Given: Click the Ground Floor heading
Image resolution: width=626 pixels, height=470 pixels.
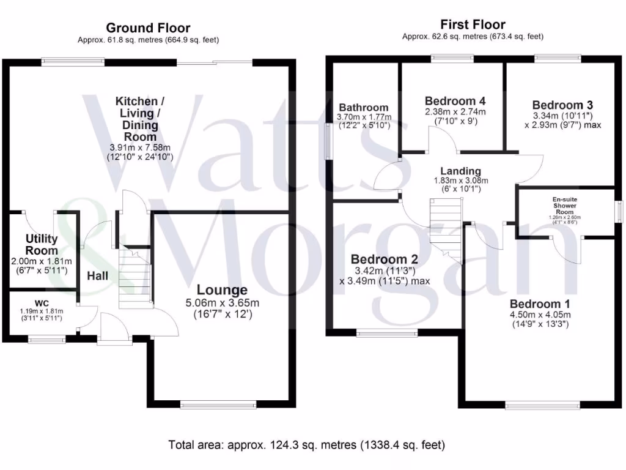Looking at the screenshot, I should (148, 28).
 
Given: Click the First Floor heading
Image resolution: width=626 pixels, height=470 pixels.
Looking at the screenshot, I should (473, 24).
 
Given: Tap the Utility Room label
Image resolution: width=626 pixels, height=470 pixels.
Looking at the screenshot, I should (42, 244).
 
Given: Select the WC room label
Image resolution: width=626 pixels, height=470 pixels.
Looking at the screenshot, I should (42, 302).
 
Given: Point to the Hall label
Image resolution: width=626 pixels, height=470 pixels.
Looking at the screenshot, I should (97, 276).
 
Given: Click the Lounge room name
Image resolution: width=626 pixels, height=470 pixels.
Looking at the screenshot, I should (222, 290).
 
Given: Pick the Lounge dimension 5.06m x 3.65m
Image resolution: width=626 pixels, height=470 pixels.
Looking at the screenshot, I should (222, 303).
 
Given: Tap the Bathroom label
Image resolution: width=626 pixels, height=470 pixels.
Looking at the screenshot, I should (364, 107).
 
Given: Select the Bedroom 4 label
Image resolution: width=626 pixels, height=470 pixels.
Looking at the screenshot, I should (455, 100).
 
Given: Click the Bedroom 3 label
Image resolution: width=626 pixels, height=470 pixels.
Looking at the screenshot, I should (562, 105).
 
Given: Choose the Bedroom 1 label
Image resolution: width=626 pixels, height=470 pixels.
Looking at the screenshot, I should (540, 304).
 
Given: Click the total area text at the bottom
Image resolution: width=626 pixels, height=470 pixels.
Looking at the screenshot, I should (307, 444).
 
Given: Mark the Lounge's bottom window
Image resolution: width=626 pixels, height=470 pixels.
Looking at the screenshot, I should (218, 404).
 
